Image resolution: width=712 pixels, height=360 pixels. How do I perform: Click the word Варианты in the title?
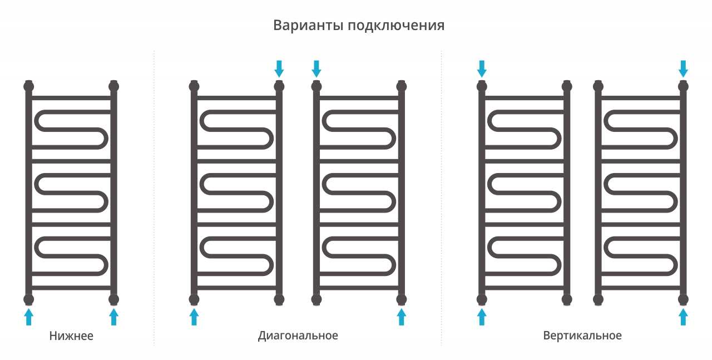pos(308,25)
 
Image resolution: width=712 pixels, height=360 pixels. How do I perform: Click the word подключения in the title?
pos(396,26)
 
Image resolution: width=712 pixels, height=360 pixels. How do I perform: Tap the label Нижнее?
pos(71,336)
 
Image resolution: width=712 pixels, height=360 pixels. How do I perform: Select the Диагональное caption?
pos(298,336)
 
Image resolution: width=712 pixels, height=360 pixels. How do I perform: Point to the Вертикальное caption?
pos(582,336)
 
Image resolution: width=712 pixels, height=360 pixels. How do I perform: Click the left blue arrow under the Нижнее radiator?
pos(28,317)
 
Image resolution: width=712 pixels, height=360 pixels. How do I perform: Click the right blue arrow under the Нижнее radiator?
pos(114,317)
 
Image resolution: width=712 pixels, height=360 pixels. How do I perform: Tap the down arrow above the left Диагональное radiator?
pos(279,68)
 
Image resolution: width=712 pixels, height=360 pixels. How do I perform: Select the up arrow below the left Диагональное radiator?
pos(194,317)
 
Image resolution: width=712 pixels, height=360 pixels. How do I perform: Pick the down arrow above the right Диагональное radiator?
pos(317,68)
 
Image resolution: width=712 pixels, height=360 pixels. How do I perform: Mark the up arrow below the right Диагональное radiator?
pos(402,317)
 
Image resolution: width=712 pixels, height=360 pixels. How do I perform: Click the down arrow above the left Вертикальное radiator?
pos(482,68)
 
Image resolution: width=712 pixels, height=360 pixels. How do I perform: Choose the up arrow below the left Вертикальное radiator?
pos(482,317)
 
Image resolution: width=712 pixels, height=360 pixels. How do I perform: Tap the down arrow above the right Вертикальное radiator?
pos(684,68)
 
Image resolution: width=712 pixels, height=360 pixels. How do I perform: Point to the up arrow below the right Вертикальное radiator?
pos(684,317)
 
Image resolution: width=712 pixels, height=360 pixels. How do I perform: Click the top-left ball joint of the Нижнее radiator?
pos(28,86)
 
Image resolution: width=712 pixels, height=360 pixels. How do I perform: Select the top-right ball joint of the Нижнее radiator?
pos(114,86)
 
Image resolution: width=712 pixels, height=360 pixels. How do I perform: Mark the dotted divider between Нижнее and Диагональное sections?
pos(154,197)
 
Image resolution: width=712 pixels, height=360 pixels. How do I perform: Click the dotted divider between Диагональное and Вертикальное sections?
pos(442,197)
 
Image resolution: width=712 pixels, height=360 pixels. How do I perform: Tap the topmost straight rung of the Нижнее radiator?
pos(71,98)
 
